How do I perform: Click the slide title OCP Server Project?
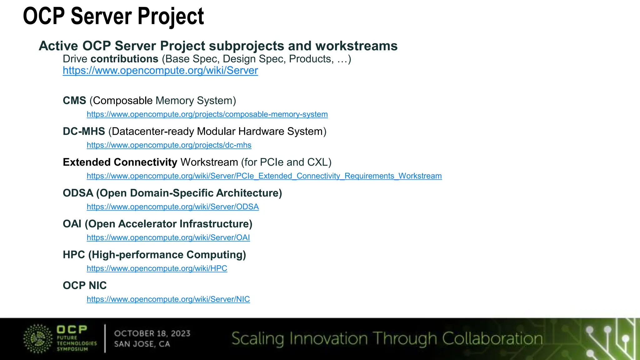coord(113,16)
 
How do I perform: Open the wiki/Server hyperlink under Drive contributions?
coord(160,71)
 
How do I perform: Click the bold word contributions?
coord(124,59)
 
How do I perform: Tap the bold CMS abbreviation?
coord(74,101)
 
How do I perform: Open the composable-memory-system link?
coord(207,114)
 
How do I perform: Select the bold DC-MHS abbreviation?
coord(84,131)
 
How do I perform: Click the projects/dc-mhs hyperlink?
coord(169,145)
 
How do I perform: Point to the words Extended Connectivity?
coord(120,162)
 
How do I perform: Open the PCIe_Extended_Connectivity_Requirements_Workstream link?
coord(264,176)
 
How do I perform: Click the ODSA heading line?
coord(172,193)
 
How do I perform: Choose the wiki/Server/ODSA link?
coord(172,207)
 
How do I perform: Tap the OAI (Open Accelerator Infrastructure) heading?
coord(157,224)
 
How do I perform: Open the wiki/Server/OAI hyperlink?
coord(168,238)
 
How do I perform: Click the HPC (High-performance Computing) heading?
coord(154,255)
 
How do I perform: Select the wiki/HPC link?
coord(157,268)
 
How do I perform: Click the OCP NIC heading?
coord(85,286)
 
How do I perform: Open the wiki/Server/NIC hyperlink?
coord(168,299)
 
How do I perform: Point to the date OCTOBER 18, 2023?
coord(152,333)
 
